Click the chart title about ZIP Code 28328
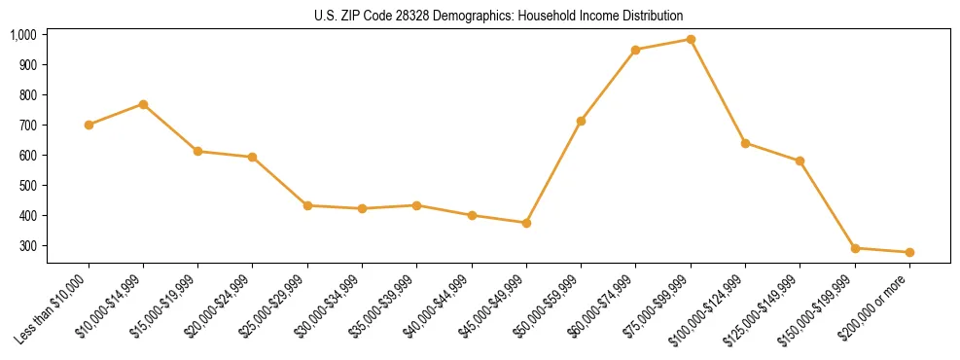coord(499,16)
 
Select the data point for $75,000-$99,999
coord(691,40)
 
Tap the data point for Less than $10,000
coord(89,125)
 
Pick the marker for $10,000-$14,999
coord(143,104)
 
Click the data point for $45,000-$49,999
coord(526,223)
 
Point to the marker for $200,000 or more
coord(909,252)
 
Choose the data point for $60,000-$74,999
coord(635,50)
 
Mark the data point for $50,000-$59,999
coord(581,121)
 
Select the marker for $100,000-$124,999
coord(745,143)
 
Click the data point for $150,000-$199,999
coord(855,248)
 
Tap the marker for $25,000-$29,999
coord(307,205)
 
